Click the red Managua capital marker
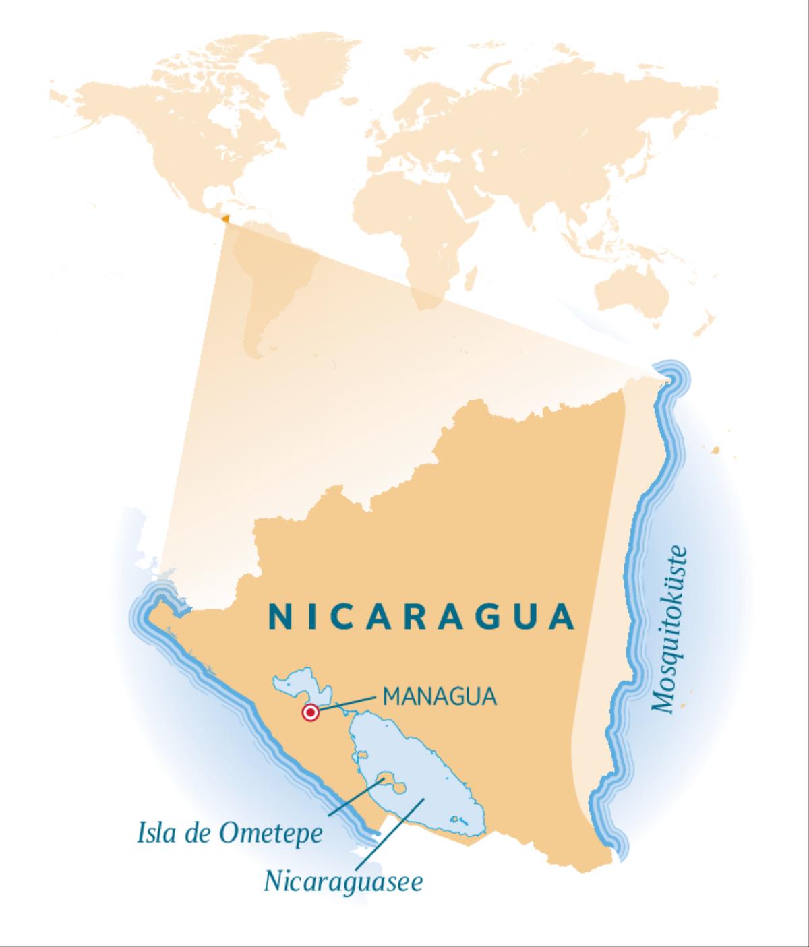[x=310, y=712]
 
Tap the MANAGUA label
[x=440, y=696]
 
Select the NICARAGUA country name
[x=421, y=617]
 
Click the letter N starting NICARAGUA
[x=278, y=617]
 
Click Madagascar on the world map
[x=472, y=276]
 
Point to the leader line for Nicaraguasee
[x=388, y=832]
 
